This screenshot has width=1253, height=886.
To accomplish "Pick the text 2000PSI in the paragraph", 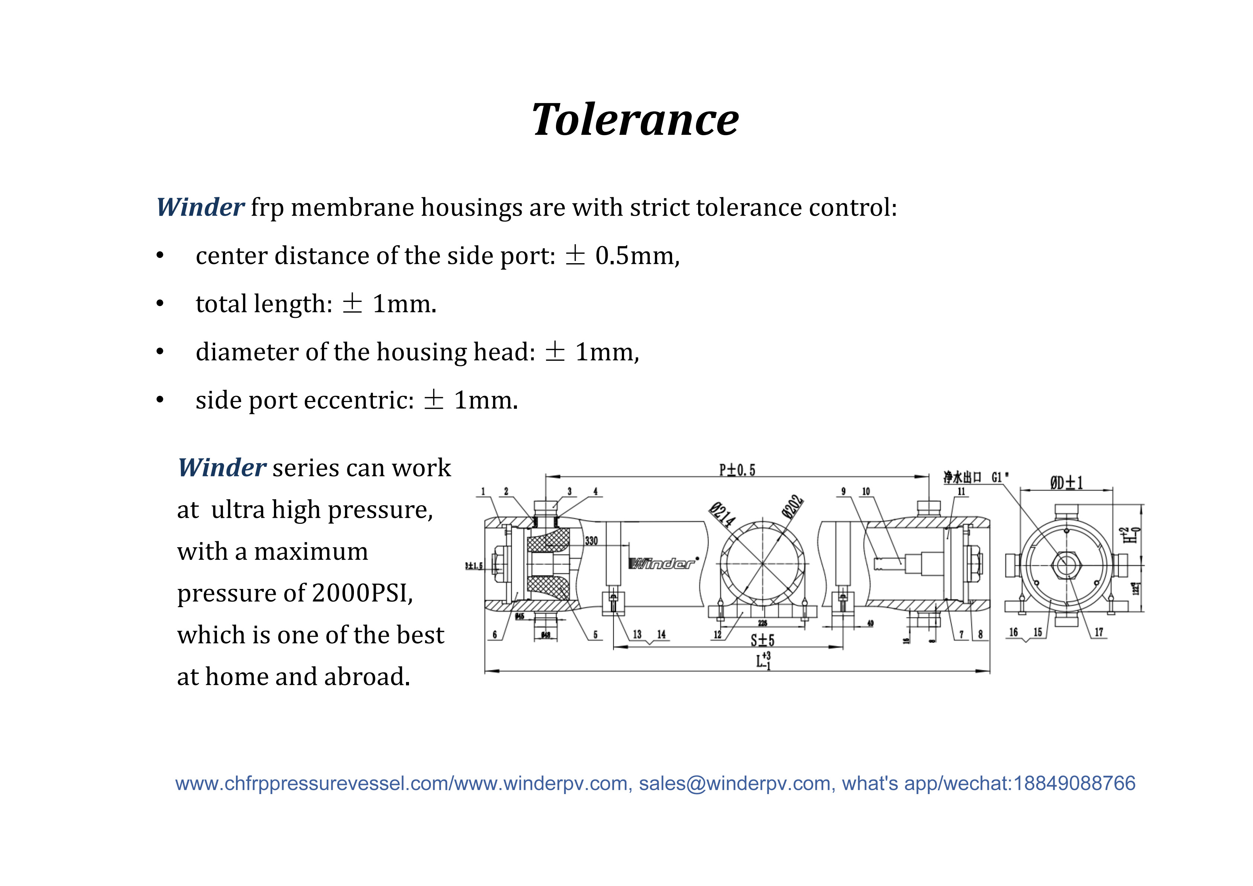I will point(362,593).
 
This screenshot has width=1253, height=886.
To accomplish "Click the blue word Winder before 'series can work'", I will point(221,468).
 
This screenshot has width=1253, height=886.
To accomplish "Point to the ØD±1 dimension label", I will point(1066,482).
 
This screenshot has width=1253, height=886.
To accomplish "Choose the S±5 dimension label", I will point(763,640).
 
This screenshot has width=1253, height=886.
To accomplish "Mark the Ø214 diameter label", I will point(722,514).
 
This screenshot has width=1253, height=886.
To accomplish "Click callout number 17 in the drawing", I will point(1099,632).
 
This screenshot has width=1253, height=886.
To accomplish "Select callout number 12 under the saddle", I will point(717,634).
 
